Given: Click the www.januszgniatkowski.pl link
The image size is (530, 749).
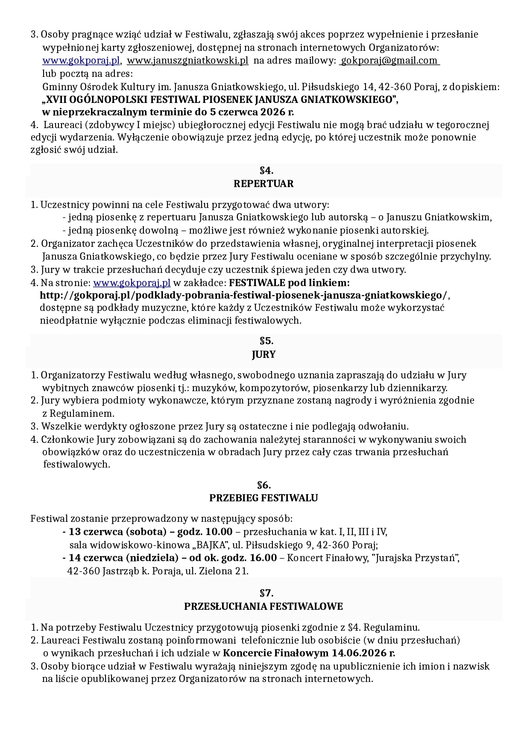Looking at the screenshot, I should pos(187,61).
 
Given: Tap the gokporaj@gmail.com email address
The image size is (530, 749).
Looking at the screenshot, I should pos(389,61).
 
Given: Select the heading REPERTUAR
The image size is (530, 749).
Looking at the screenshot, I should pos(264,184).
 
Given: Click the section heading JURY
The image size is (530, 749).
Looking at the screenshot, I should pos(264,354).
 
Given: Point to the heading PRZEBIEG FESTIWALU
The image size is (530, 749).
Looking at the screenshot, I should pos(264,498).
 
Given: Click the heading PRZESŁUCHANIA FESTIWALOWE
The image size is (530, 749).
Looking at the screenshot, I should pos(264,606).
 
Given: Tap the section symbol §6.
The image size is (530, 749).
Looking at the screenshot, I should pos(264,485).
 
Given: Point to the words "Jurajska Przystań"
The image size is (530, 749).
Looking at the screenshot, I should pos(416,558).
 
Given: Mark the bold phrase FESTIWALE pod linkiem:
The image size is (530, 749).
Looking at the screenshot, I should pos(289,283).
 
